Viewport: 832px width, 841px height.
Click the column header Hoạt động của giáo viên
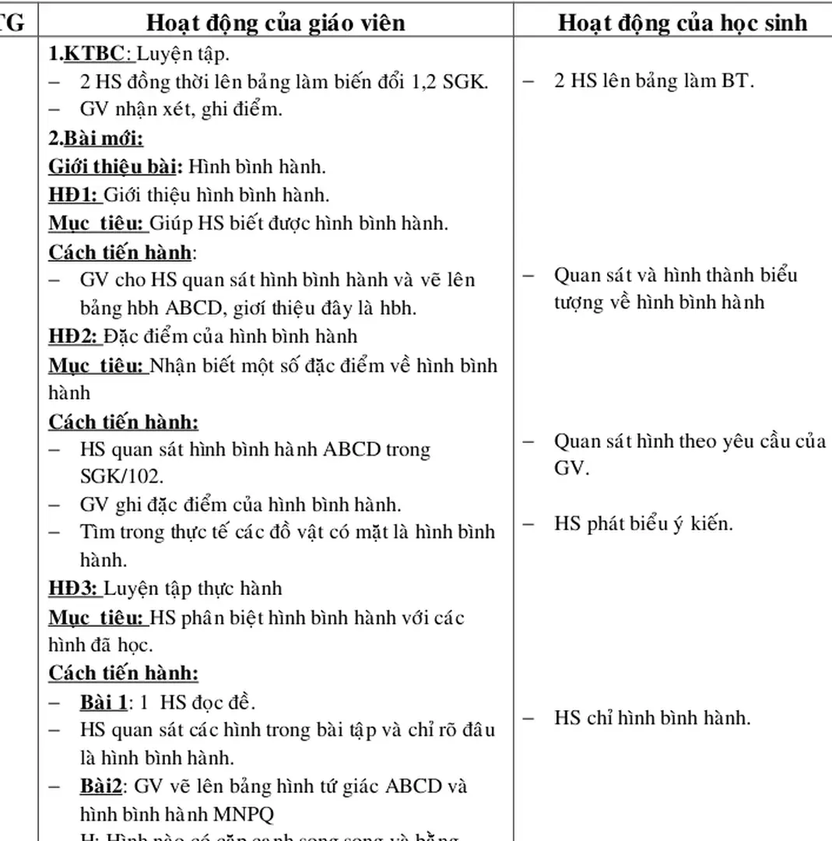(276, 23)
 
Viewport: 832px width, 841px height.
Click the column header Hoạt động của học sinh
(682, 23)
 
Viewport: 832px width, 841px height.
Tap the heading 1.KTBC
(86, 54)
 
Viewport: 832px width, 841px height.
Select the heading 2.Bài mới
(96, 138)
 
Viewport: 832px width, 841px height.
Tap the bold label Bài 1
(103, 702)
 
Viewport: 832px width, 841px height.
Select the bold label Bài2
(101, 786)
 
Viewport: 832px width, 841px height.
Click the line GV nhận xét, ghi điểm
(181, 110)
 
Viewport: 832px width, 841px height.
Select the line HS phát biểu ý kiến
(644, 523)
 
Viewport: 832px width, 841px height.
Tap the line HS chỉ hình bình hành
(652, 717)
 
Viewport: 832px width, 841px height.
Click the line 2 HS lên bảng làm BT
(654, 81)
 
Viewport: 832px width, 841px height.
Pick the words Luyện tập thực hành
(193, 588)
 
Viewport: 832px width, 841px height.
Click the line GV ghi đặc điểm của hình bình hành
(240, 505)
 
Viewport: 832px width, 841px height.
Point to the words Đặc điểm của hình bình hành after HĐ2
(230, 336)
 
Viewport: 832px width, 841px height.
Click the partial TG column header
(12, 23)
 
